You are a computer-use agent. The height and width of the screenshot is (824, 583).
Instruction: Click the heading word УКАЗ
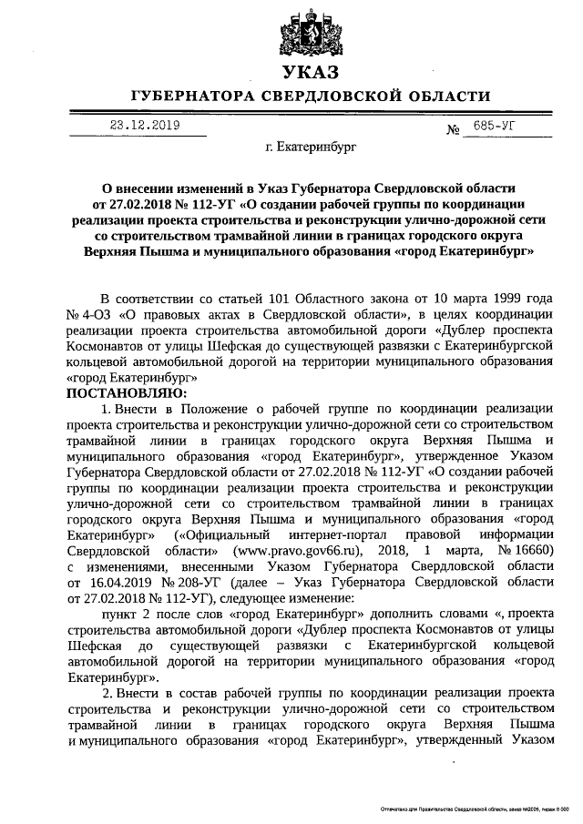coord(308,72)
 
